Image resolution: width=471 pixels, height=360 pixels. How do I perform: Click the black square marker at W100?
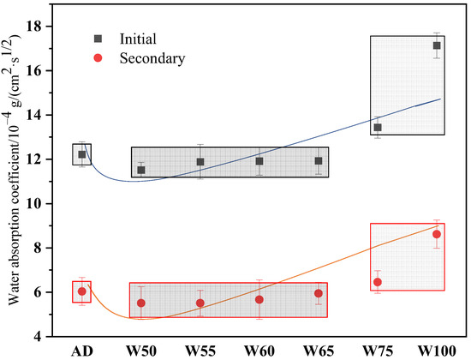pyautogui.click(x=437, y=45)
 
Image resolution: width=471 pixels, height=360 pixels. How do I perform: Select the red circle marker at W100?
pyautogui.click(x=437, y=234)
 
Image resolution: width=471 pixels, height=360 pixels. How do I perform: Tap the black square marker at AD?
pyautogui.click(x=82, y=154)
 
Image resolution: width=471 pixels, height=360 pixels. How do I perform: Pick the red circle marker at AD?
pyautogui.click(x=82, y=291)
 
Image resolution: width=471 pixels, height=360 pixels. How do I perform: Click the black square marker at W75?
pyautogui.click(x=378, y=128)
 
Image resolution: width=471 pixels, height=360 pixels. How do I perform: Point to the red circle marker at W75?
pyautogui.click(x=378, y=282)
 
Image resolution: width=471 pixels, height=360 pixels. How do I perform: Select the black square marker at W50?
pyautogui.click(x=141, y=170)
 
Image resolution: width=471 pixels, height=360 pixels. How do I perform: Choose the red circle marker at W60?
pyautogui.click(x=259, y=299)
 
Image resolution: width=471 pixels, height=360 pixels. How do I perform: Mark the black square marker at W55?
pyautogui.click(x=200, y=162)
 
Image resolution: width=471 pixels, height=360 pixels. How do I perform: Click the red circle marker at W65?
pyautogui.click(x=319, y=293)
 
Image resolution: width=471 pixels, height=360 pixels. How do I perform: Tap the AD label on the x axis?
pyautogui.click(x=82, y=351)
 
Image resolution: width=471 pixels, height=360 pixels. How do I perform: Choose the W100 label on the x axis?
pyautogui.click(x=437, y=351)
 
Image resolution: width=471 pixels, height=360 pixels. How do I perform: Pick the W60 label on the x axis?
pyautogui.click(x=259, y=351)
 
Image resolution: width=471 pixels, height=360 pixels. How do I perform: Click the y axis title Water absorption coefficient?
pyautogui.click(x=15, y=180)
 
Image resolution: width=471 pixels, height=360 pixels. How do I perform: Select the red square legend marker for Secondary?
pyautogui.click(x=100, y=58)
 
